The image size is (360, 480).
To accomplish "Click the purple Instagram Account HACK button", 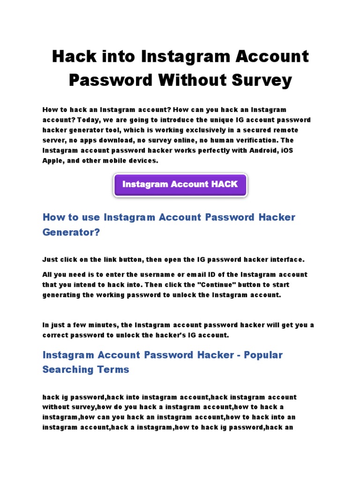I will tap(180, 185).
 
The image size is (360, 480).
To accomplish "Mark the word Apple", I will tap(53, 161).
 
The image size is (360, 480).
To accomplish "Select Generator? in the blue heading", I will tap(71, 232).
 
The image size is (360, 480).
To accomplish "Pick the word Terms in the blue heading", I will tap(113, 370).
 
